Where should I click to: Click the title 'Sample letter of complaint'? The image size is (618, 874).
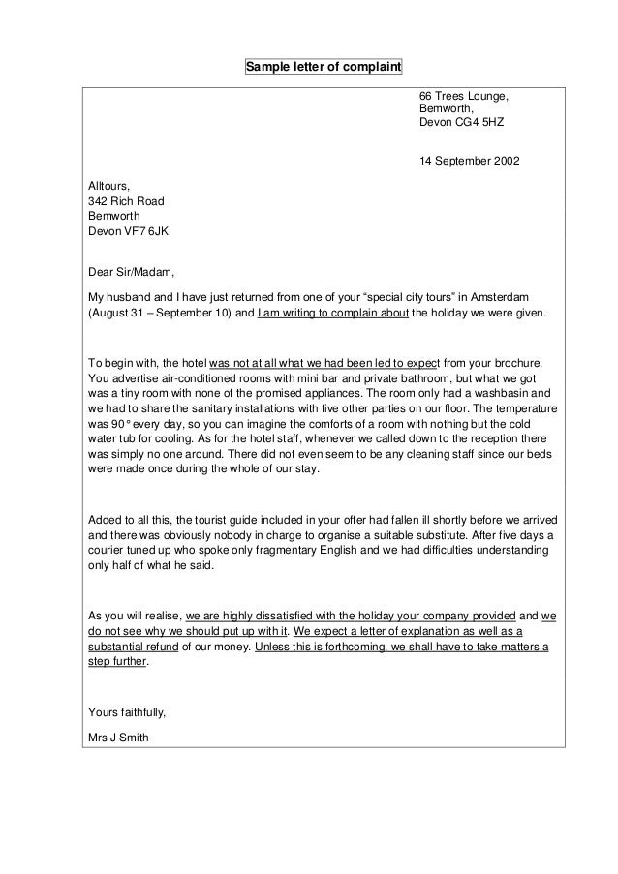point(323,68)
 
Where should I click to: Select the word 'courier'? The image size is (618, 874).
point(108,551)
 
